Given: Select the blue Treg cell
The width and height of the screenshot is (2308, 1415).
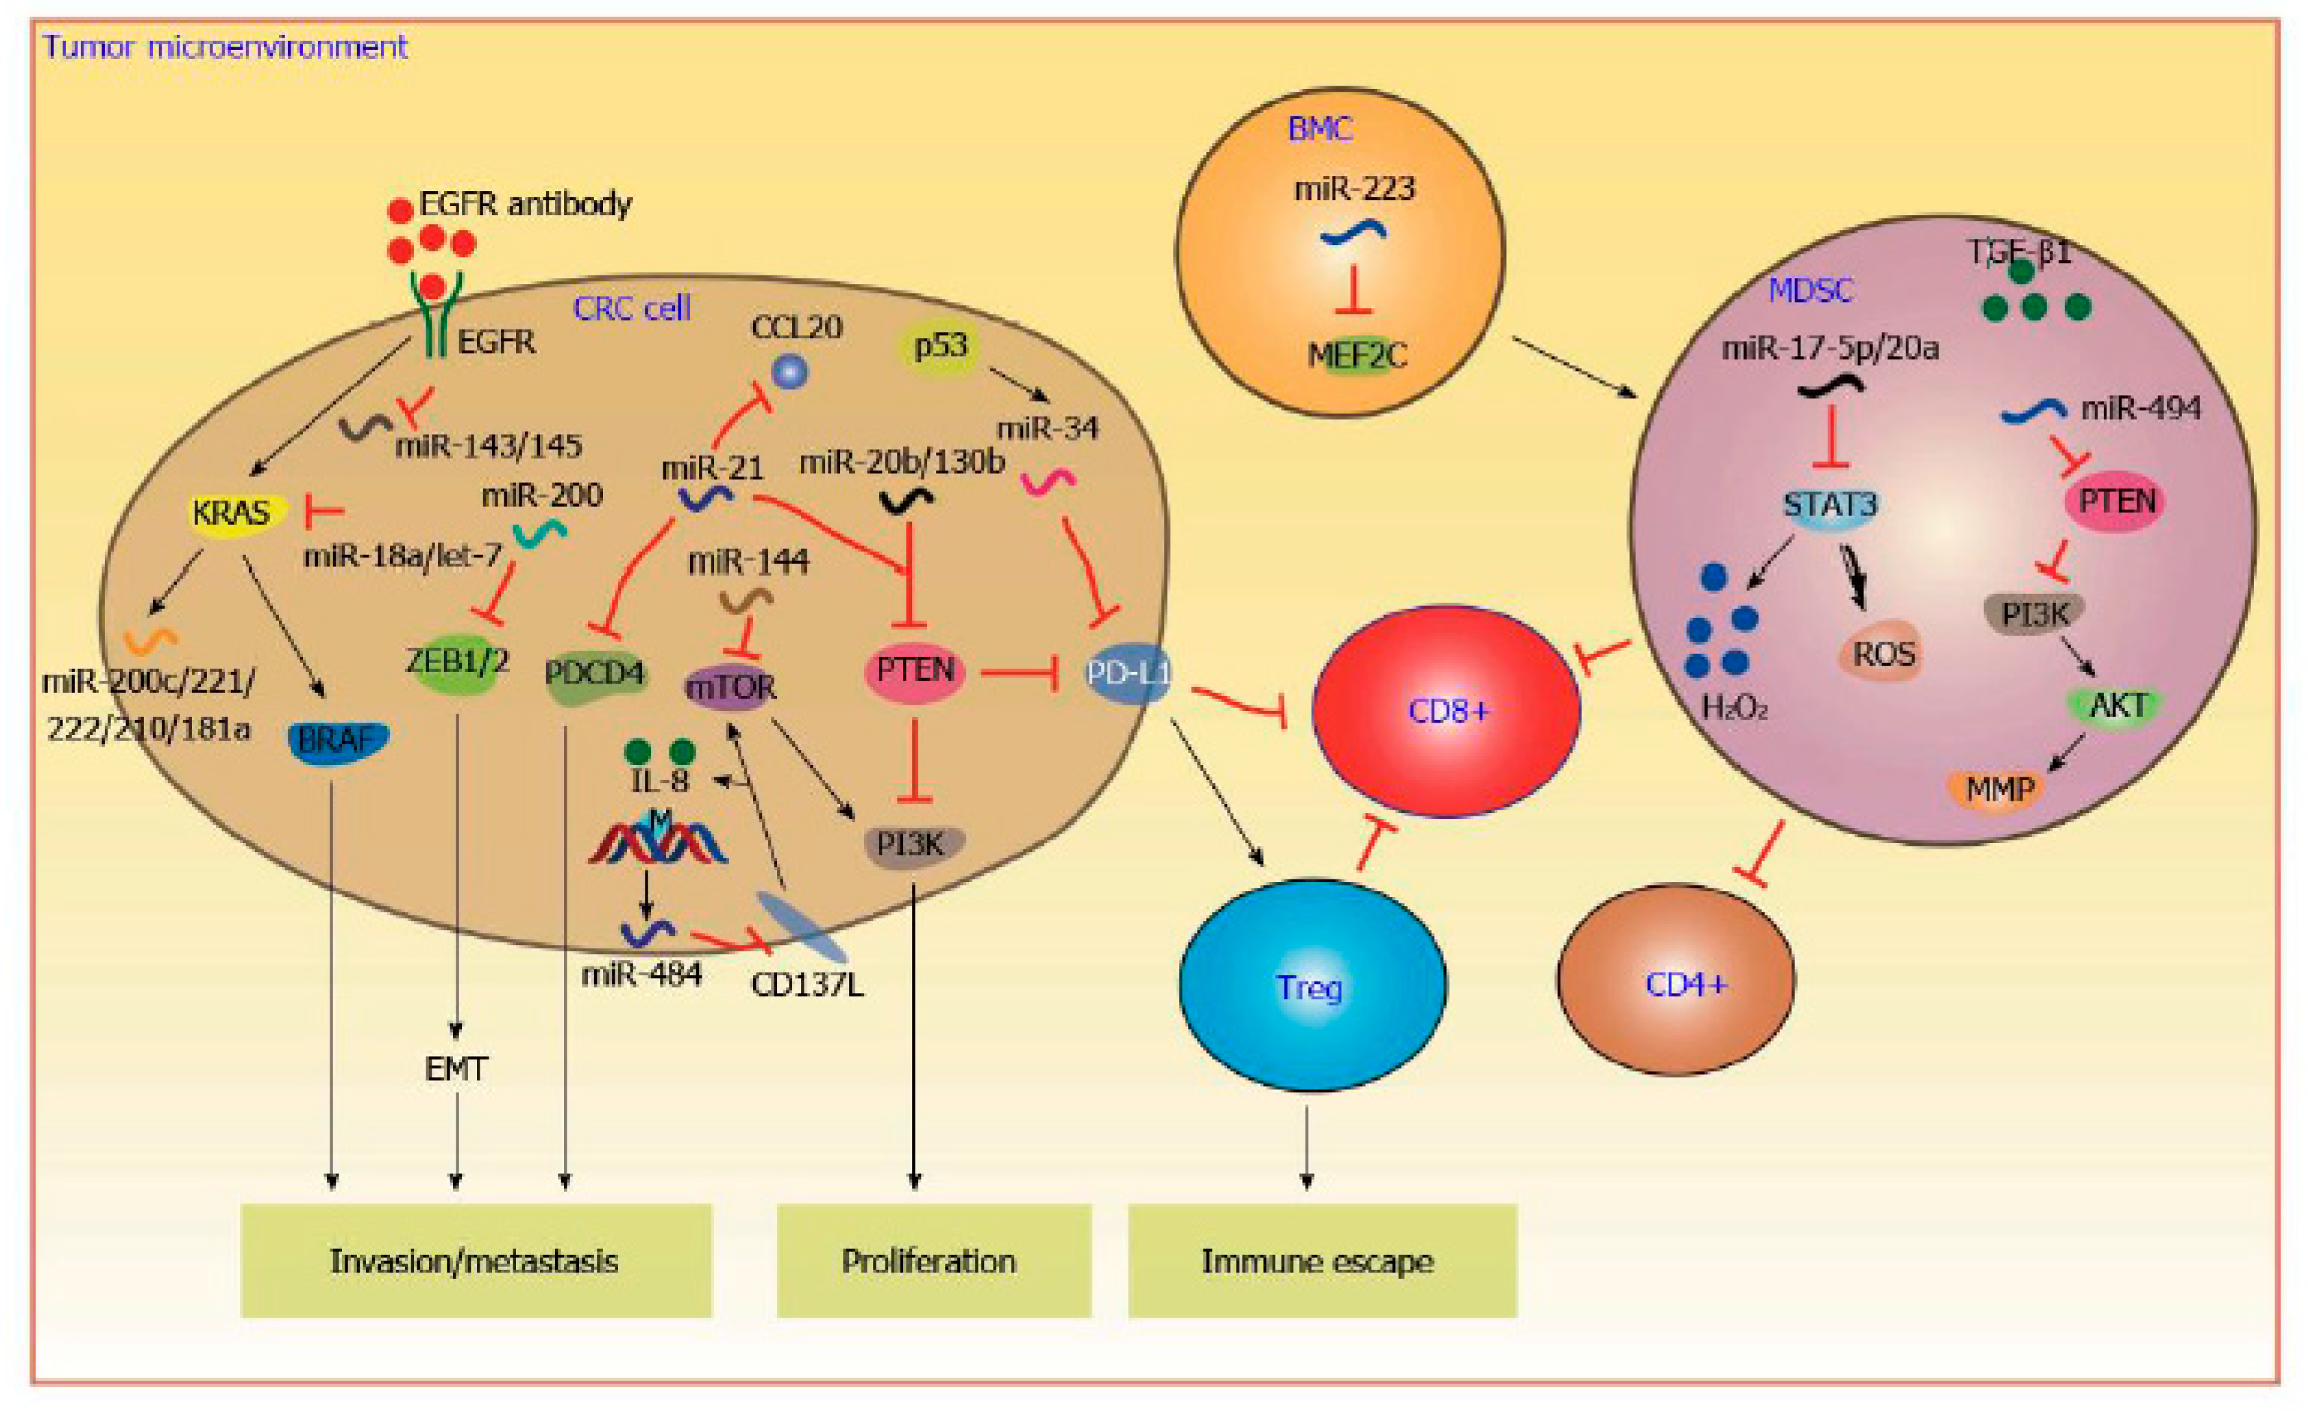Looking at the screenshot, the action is click(x=1312, y=985).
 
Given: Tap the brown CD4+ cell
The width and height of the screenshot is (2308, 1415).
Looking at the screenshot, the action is click(x=1675, y=981).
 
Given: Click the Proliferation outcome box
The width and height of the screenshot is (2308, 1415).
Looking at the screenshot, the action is click(x=934, y=1260).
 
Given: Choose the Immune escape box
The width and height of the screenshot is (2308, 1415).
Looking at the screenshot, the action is click(x=1323, y=1260).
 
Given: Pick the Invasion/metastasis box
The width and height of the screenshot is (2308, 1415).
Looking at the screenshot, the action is click(x=476, y=1260).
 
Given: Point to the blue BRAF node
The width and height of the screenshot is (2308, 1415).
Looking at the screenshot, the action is click(x=337, y=741).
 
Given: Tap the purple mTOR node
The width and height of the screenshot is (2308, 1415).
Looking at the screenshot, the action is click(x=732, y=688).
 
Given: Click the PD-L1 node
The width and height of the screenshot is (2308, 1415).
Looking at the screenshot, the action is click(x=1128, y=673).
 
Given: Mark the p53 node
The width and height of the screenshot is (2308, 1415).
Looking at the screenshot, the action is click(x=939, y=347).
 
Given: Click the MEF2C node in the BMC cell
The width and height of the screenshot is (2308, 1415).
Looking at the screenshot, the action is click(x=1356, y=356).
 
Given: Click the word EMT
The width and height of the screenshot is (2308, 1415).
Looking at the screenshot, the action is click(x=456, y=1068).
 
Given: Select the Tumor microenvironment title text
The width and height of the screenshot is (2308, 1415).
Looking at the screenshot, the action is click(x=225, y=47).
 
